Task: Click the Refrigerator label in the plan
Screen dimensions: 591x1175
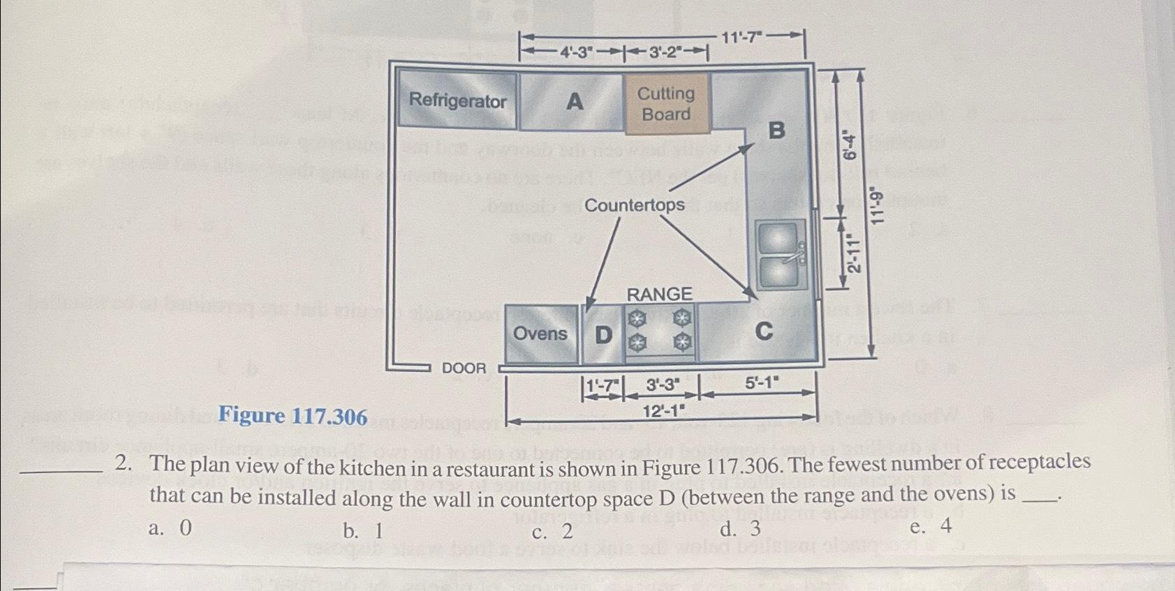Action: tap(457, 101)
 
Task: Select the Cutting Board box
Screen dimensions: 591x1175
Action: tap(666, 104)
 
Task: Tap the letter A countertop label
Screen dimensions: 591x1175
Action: tap(574, 102)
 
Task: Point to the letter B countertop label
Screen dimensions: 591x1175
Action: tap(776, 130)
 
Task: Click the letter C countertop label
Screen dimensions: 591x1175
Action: tap(764, 331)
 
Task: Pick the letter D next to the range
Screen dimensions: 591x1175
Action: tap(603, 336)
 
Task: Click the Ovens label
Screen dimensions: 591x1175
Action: tap(540, 334)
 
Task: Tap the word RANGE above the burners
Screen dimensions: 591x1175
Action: tap(659, 294)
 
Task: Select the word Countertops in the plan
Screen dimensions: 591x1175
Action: tap(634, 205)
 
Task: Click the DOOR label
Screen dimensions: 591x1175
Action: tap(464, 368)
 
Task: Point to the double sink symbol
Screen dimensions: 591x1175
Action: tap(781, 255)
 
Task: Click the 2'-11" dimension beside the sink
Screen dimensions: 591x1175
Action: tap(854, 254)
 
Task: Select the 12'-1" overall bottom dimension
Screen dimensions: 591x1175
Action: tap(663, 411)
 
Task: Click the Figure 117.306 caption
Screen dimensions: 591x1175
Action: tap(293, 417)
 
